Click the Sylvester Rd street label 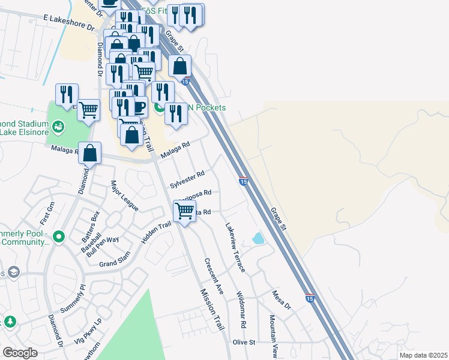[x=187, y=179]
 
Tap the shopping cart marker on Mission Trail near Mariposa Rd [x=184, y=211]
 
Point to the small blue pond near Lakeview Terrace [x=258, y=238]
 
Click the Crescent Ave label [x=214, y=276]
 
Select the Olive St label [x=244, y=342]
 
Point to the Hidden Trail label [x=156, y=233]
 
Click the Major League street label [x=124, y=196]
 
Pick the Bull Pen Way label [x=103, y=247]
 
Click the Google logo [x=20, y=353]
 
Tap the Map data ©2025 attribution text [x=423, y=355]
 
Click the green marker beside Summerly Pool [x=58, y=236]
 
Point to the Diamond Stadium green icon [x=58, y=126]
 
